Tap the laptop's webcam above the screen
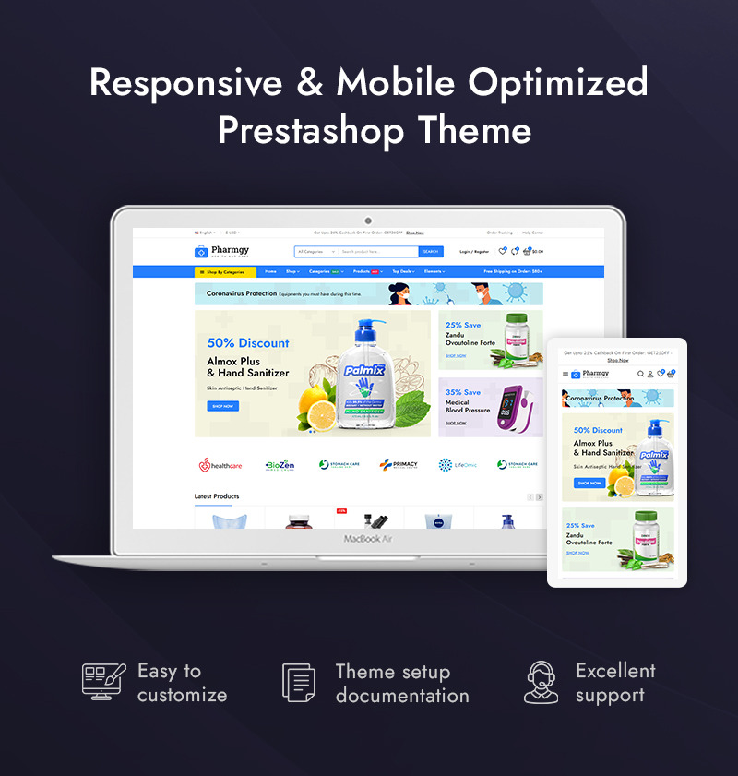(x=368, y=221)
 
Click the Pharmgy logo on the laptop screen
(x=222, y=251)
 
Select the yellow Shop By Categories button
(x=225, y=272)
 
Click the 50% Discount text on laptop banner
(x=248, y=342)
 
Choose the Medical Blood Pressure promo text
(x=468, y=406)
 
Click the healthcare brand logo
(x=220, y=465)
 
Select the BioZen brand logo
(x=280, y=465)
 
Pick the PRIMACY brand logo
(x=398, y=465)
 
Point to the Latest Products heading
(x=216, y=496)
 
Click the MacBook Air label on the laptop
(x=368, y=538)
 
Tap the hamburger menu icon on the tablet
(x=565, y=375)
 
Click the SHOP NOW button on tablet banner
(x=589, y=483)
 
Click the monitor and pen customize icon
(x=103, y=682)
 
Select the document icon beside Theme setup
(x=299, y=683)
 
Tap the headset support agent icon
(x=542, y=682)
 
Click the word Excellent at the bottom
(x=615, y=671)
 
